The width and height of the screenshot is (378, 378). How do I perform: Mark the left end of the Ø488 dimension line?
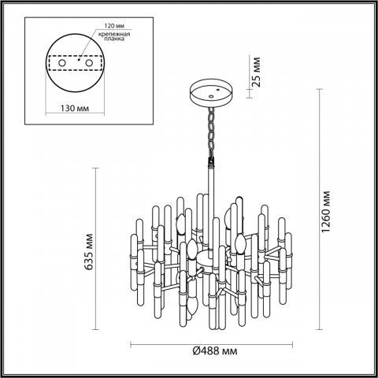pos(130,344)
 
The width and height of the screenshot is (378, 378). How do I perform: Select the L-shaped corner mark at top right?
pos(369,9)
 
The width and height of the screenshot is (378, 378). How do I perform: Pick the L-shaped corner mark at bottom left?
pos(9,369)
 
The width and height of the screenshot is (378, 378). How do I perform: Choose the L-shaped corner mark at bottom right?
pos(369,369)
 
